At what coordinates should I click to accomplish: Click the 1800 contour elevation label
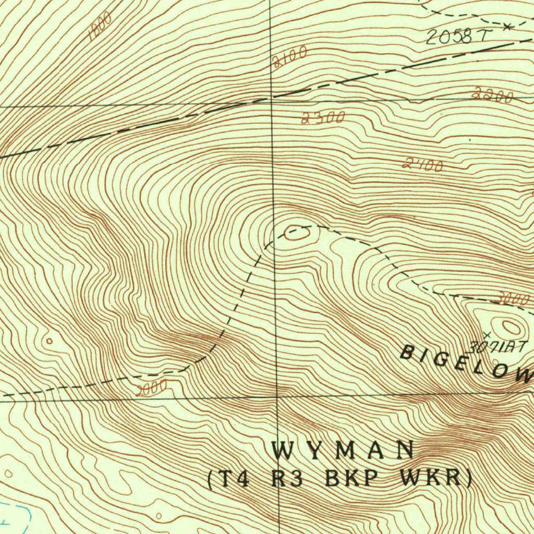click(x=100, y=27)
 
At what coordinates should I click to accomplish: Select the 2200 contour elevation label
click(x=492, y=95)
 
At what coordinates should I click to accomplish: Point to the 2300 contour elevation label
click(x=323, y=117)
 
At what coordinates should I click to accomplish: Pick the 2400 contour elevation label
click(x=423, y=165)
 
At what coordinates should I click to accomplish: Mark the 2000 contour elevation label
click(x=151, y=387)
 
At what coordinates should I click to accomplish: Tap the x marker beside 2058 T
click(x=507, y=26)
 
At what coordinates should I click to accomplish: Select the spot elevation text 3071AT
click(x=499, y=345)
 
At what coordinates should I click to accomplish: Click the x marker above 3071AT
click(x=487, y=334)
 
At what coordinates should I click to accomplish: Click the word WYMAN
click(x=343, y=450)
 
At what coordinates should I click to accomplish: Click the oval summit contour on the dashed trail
click(x=296, y=234)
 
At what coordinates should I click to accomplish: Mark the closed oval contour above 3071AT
click(x=511, y=327)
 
